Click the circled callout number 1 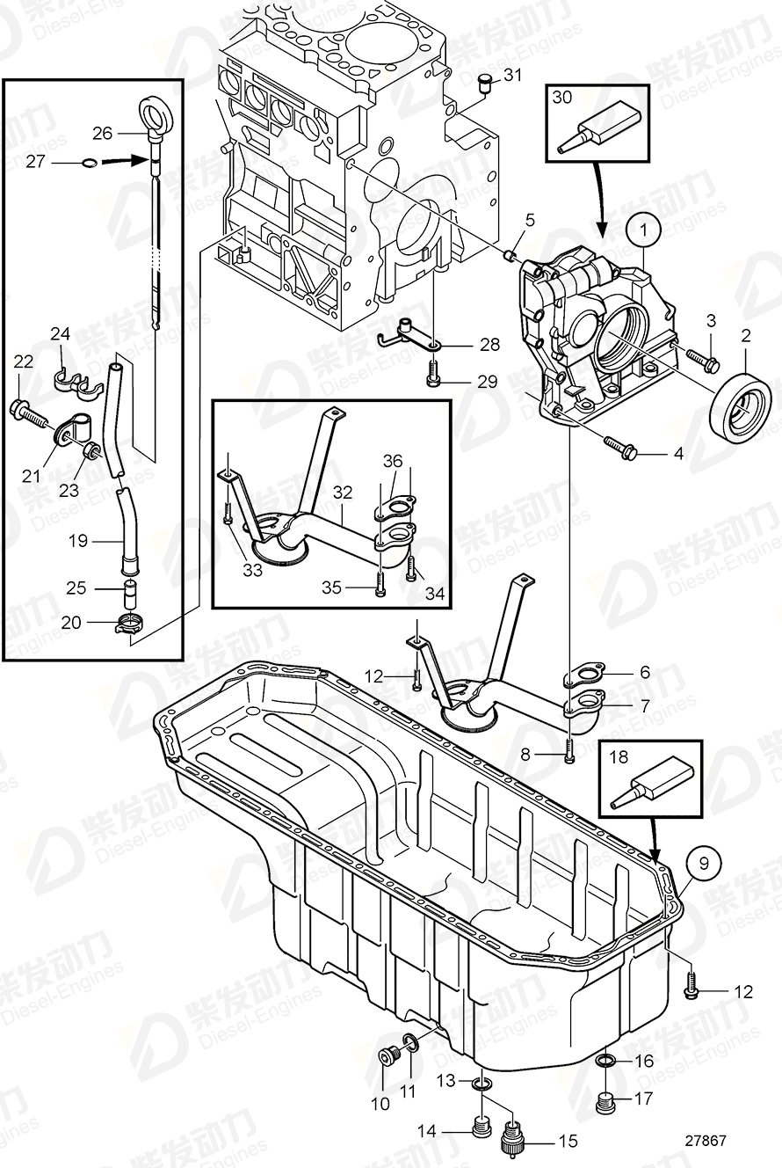click(644, 232)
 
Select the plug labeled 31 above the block click(483, 84)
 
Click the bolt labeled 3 click(700, 358)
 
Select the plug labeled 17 click(604, 1099)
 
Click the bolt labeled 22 click(26, 409)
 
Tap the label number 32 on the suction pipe click(343, 493)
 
